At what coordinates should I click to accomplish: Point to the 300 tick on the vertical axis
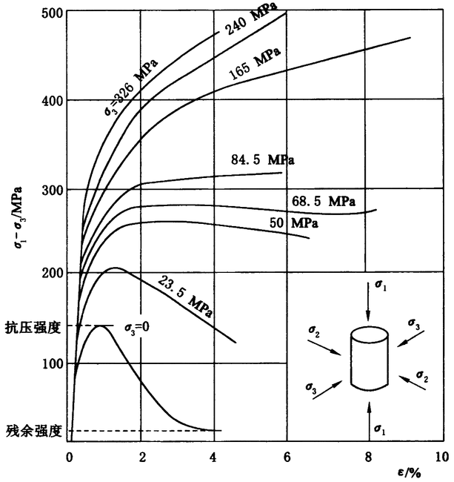pyautogui.click(x=50, y=189)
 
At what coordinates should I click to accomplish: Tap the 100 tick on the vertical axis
pyautogui.click(x=50, y=363)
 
